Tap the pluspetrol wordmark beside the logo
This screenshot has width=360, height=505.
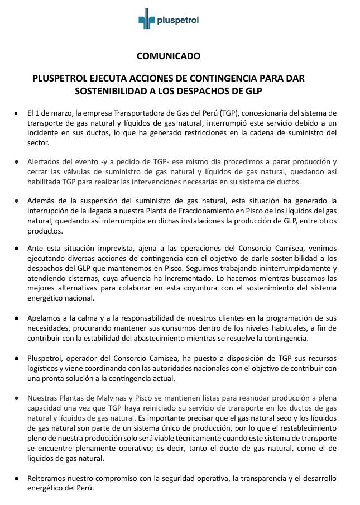(178, 21)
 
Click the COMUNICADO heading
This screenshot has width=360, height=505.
(168, 56)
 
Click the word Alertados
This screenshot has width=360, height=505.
(44, 161)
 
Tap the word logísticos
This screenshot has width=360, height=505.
(43, 369)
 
